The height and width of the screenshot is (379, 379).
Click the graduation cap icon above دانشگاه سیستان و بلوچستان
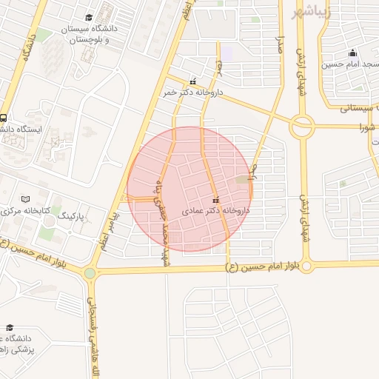pos(90,16)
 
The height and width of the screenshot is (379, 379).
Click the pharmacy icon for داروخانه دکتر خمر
pos(193,82)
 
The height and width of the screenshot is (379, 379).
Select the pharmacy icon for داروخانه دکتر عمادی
pos(215,201)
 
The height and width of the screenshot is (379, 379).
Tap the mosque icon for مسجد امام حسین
pos(352,53)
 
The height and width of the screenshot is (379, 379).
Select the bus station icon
pos(4,118)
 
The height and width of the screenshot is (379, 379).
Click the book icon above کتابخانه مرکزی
pos(27,200)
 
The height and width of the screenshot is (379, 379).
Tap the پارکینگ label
pos(72,217)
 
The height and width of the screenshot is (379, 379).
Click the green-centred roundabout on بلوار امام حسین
pos(90,273)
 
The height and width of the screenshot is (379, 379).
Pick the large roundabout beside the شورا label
pos(301,127)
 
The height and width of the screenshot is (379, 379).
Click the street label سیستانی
pos(358,108)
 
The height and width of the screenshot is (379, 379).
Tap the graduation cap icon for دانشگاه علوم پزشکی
pos(9,327)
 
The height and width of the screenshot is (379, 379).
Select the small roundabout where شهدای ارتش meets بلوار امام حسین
pos(306,265)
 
